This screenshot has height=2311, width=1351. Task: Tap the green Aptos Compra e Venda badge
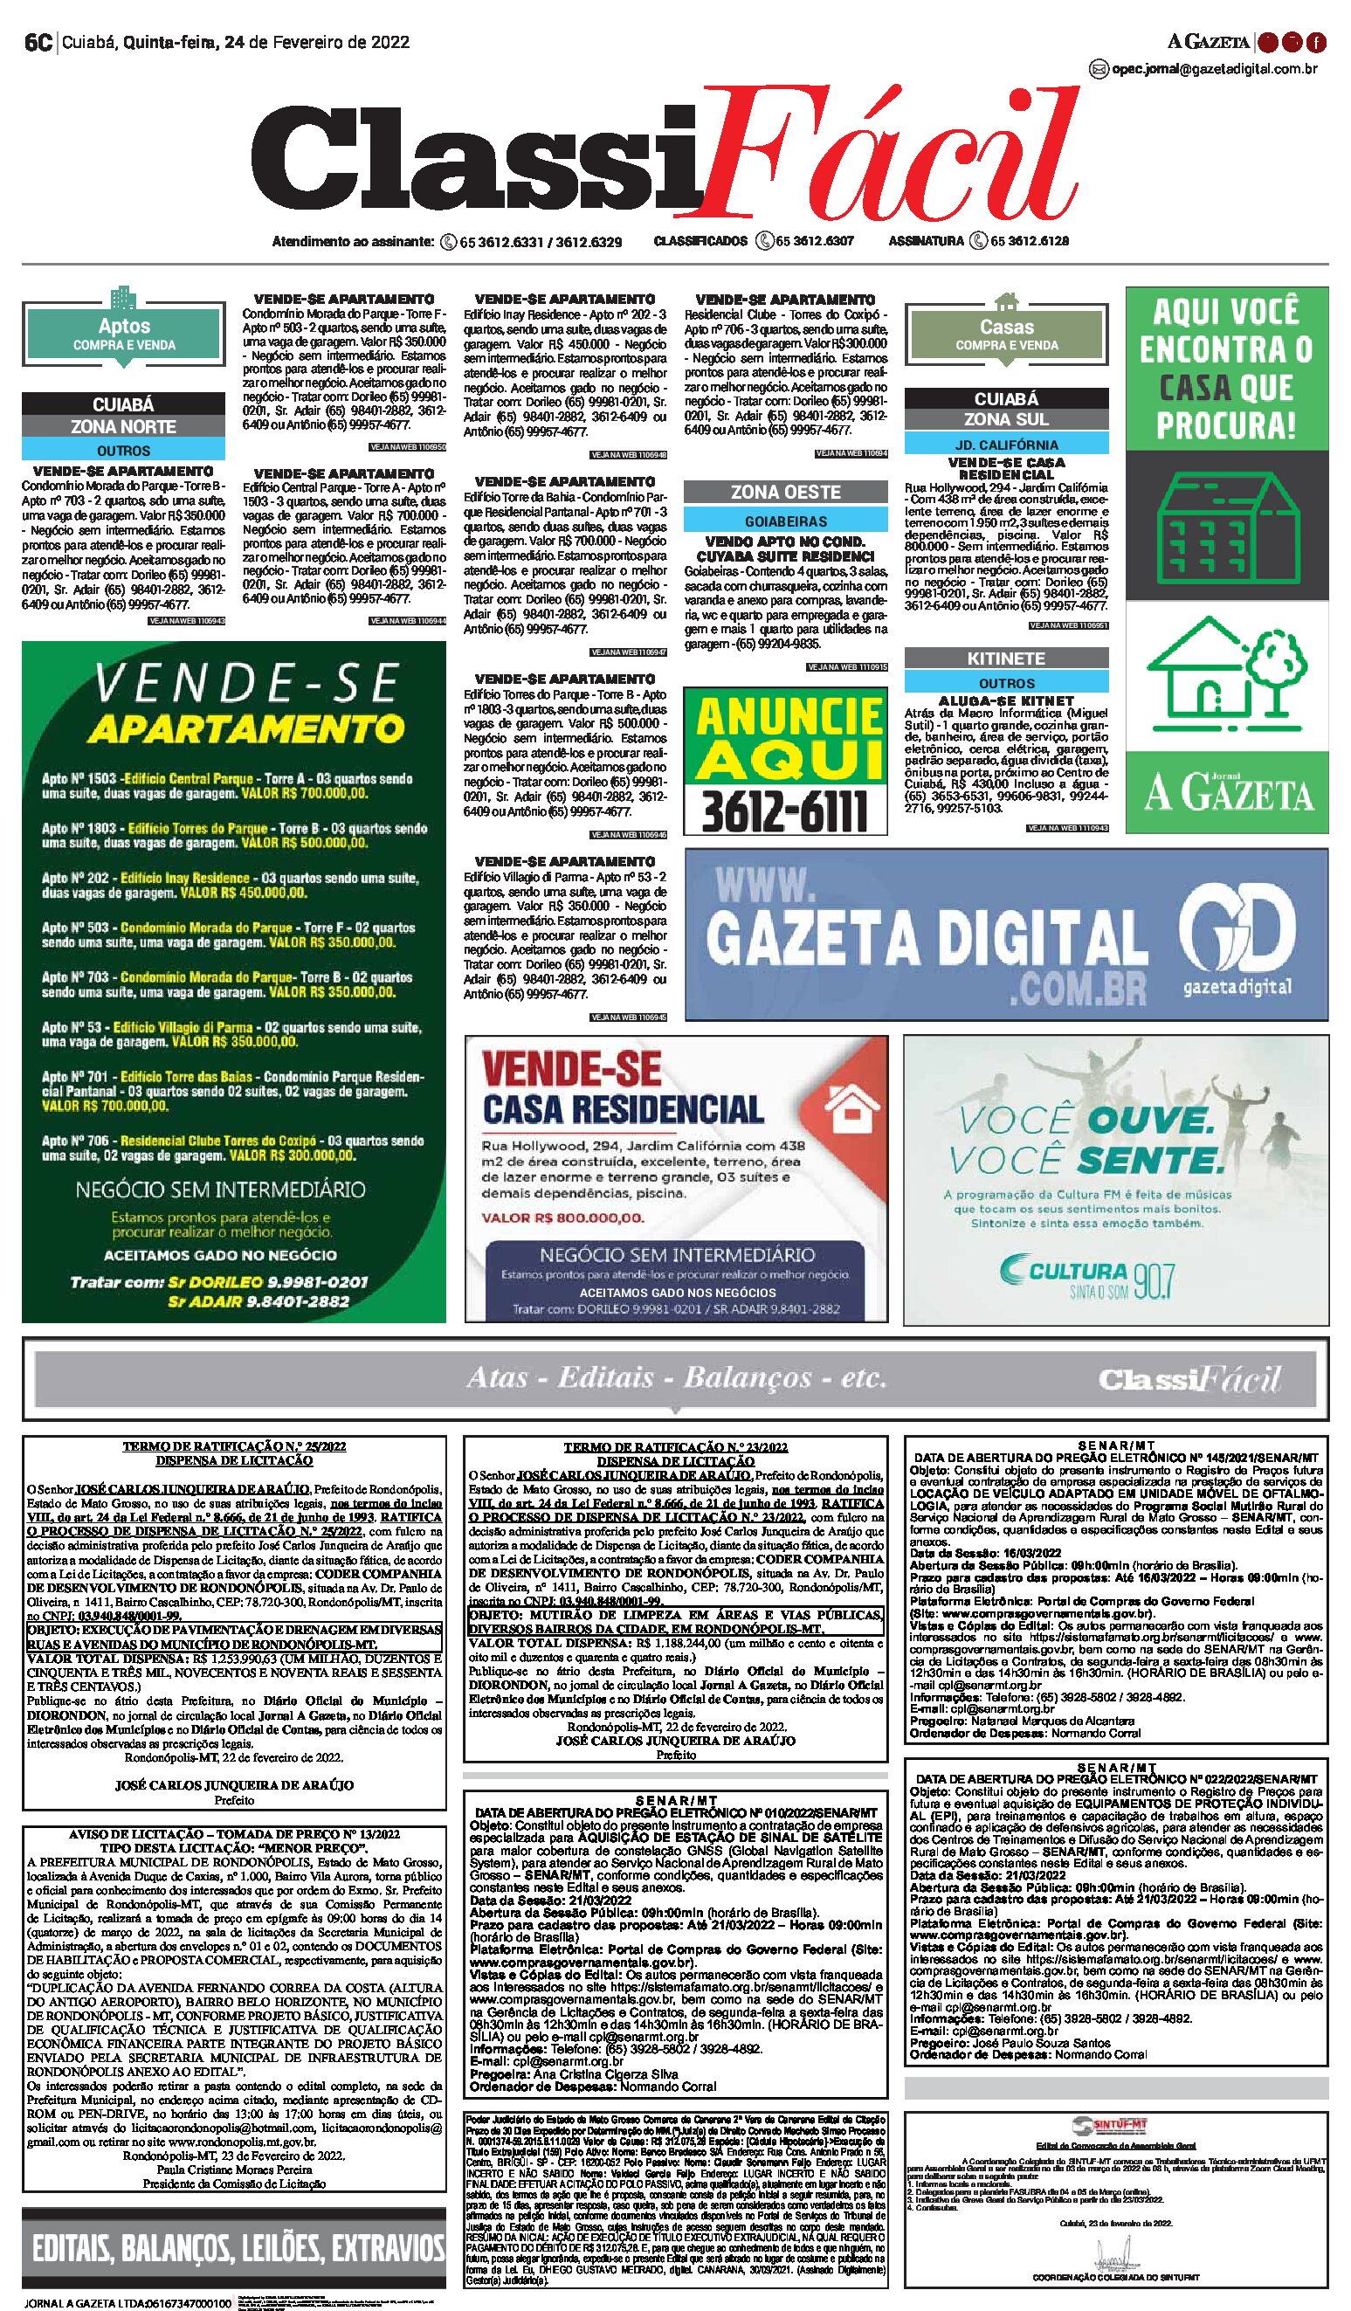click(x=124, y=334)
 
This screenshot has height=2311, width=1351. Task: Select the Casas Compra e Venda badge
click(x=1006, y=334)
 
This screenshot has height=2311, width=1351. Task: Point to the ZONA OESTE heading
click(x=785, y=493)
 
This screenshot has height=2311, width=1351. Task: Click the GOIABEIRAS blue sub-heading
click(x=785, y=521)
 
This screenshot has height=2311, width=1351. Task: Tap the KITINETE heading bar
click(x=1006, y=659)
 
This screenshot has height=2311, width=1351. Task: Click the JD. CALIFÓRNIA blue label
click(x=1006, y=445)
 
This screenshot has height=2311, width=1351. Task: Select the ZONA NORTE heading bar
click(x=124, y=426)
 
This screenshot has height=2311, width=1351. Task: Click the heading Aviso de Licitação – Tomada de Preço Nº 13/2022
click(x=233, y=1834)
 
